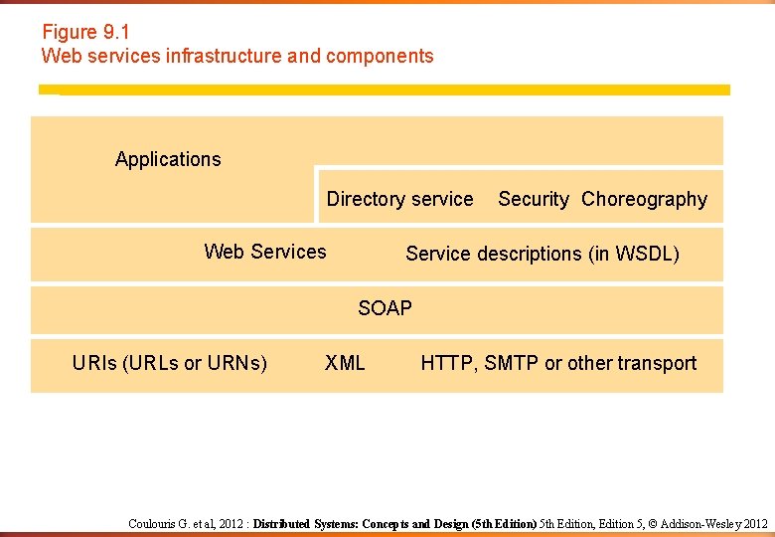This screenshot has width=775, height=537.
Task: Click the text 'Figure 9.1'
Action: click(x=85, y=32)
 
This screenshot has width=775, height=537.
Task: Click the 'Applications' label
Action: click(x=168, y=159)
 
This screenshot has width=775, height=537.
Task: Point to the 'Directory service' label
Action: click(x=399, y=199)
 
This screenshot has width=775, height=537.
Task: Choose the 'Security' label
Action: click(x=534, y=199)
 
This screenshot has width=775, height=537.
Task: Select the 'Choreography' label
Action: click(x=644, y=199)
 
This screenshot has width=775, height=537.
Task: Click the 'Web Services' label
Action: click(x=265, y=252)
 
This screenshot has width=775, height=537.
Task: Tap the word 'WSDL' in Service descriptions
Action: click(x=646, y=254)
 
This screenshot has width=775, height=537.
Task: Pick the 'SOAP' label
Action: click(x=385, y=308)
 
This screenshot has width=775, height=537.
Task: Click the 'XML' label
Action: click(x=345, y=363)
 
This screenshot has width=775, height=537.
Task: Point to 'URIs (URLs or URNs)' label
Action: click(x=170, y=363)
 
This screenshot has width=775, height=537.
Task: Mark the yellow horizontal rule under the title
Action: click(x=385, y=89)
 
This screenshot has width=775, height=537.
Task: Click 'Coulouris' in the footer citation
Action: click(x=153, y=523)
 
